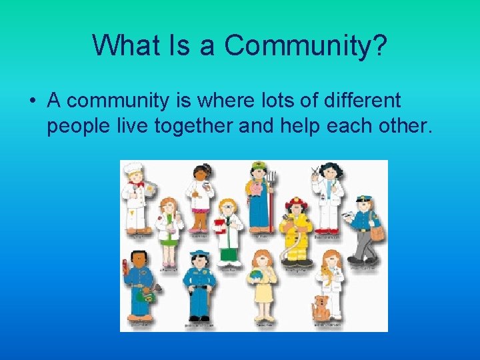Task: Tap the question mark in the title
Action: coord(381,45)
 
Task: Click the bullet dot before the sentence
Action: coord(32,101)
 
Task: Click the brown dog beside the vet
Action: coord(321,307)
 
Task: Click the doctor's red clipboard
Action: coord(219,227)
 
